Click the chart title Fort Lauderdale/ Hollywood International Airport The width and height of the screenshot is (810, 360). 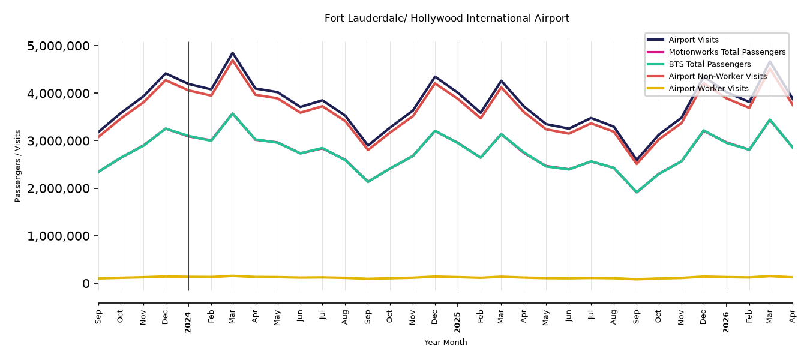[446, 18]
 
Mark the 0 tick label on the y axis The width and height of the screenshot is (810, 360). [86, 283]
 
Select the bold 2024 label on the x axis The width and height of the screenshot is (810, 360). [188, 322]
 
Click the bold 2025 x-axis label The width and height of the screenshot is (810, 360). [457, 322]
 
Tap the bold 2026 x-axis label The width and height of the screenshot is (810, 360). [726, 322]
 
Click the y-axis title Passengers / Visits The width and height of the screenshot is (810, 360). [18, 166]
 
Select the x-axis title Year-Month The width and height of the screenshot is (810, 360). [445, 342]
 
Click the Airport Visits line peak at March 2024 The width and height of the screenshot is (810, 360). [233, 53]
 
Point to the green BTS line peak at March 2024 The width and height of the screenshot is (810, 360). [233, 113]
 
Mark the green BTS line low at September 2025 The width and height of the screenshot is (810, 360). [637, 192]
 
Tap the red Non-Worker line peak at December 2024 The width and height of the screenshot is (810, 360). [435, 83]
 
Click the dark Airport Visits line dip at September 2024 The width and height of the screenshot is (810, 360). [368, 145]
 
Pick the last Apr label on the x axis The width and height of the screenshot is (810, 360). [793, 317]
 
